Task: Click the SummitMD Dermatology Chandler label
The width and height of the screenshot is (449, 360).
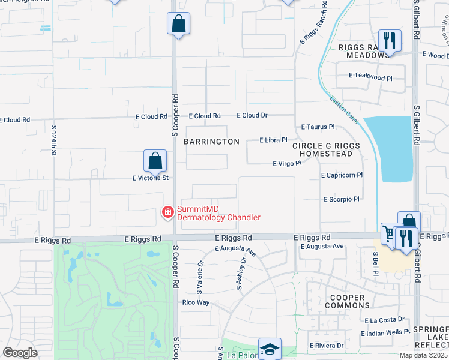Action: coord(218,212)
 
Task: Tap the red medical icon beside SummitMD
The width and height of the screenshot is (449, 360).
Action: coord(167,212)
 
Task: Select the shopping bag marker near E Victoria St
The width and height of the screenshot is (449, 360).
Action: coord(155,161)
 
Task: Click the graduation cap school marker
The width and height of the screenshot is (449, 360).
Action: coord(270,349)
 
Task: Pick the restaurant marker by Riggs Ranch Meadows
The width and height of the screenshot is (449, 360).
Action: coord(390,41)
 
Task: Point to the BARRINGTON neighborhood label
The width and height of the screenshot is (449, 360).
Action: coord(211,142)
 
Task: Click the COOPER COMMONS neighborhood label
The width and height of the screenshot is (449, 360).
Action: coord(345,301)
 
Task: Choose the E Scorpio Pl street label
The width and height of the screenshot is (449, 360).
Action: coord(341,199)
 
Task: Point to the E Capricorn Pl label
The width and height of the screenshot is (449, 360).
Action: coord(342,175)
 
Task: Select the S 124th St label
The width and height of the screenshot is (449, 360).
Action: coord(53,140)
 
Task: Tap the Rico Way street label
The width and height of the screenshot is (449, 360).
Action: coord(196,302)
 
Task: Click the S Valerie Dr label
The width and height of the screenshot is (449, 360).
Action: coord(200,273)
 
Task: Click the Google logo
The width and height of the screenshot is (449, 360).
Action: coord(20,353)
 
